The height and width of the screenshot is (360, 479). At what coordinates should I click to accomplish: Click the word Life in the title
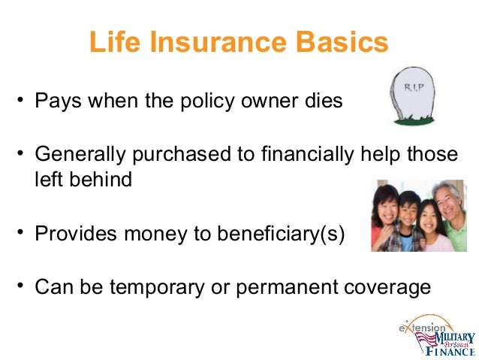(x=115, y=41)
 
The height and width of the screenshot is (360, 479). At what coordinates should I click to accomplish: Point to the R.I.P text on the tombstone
(x=414, y=87)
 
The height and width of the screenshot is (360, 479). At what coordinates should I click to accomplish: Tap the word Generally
(x=80, y=154)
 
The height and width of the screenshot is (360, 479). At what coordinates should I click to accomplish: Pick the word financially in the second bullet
(x=308, y=154)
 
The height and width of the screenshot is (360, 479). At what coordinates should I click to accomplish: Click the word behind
(x=101, y=179)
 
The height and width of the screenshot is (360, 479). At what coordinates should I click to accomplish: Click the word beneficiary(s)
(x=281, y=234)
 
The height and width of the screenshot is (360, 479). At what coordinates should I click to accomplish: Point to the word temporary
(x=157, y=288)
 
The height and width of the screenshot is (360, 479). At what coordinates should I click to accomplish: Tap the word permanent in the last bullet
(x=287, y=289)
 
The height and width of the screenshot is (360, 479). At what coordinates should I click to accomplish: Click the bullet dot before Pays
(x=20, y=100)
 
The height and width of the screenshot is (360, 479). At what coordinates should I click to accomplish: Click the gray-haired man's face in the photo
(x=447, y=204)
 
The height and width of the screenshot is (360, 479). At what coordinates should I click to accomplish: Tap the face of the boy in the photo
(x=408, y=212)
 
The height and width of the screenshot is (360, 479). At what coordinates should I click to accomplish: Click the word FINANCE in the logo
(x=450, y=351)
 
